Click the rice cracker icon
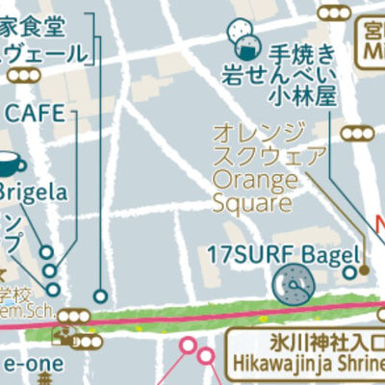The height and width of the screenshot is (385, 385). (x=243, y=38)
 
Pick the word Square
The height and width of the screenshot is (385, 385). (x=251, y=203)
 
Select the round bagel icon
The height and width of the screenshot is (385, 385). (x=291, y=283)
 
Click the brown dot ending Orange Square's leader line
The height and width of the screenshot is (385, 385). (x=365, y=270)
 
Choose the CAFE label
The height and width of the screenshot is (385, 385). (x=36, y=113)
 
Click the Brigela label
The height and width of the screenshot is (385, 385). (x=34, y=192)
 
